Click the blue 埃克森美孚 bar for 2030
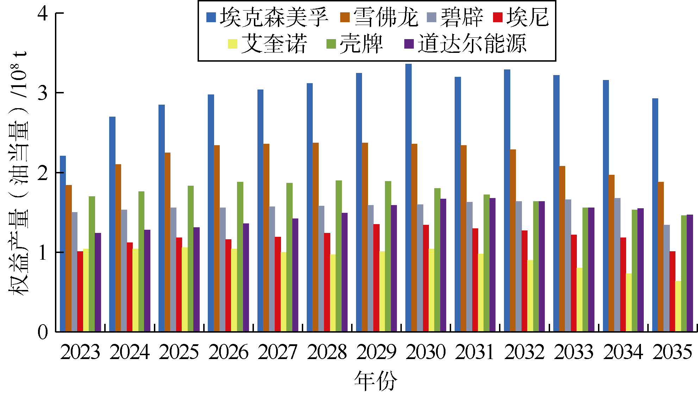(408, 197)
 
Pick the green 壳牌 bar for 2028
(338, 256)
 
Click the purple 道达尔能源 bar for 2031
(492, 264)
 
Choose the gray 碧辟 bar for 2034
(617, 264)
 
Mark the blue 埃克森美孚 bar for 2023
(63, 243)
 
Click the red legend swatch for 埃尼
(498, 17)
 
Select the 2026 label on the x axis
(228, 352)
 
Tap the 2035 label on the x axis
(672, 352)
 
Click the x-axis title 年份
(375, 381)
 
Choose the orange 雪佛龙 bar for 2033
(562, 248)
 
